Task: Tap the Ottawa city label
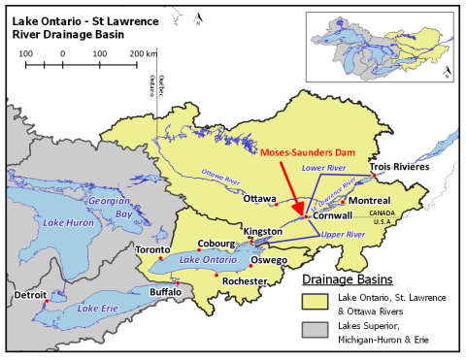259,198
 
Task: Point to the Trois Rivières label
399,167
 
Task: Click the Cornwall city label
332,218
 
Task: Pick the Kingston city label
262,232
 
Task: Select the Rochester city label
244,281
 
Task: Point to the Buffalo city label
164,291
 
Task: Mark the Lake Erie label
99,309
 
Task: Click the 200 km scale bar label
142,52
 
